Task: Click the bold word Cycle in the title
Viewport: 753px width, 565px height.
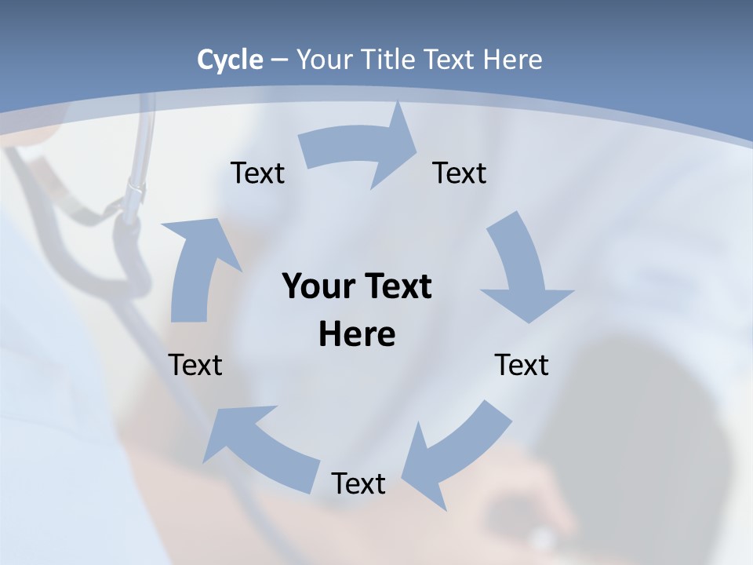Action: click(230, 60)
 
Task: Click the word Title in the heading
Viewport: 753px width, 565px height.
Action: click(390, 60)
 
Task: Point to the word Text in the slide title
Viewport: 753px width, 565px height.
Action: click(451, 60)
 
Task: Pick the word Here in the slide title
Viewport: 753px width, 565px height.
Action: click(513, 60)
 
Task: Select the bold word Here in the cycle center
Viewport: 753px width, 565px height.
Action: click(357, 335)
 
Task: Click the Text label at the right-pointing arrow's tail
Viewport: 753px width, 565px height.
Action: click(257, 173)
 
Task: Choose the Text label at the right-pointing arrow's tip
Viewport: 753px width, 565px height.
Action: click(460, 173)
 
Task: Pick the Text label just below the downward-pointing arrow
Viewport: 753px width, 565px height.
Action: click(522, 365)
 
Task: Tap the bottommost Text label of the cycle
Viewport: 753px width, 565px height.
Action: click(358, 483)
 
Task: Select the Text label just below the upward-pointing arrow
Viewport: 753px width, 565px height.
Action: click(195, 365)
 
